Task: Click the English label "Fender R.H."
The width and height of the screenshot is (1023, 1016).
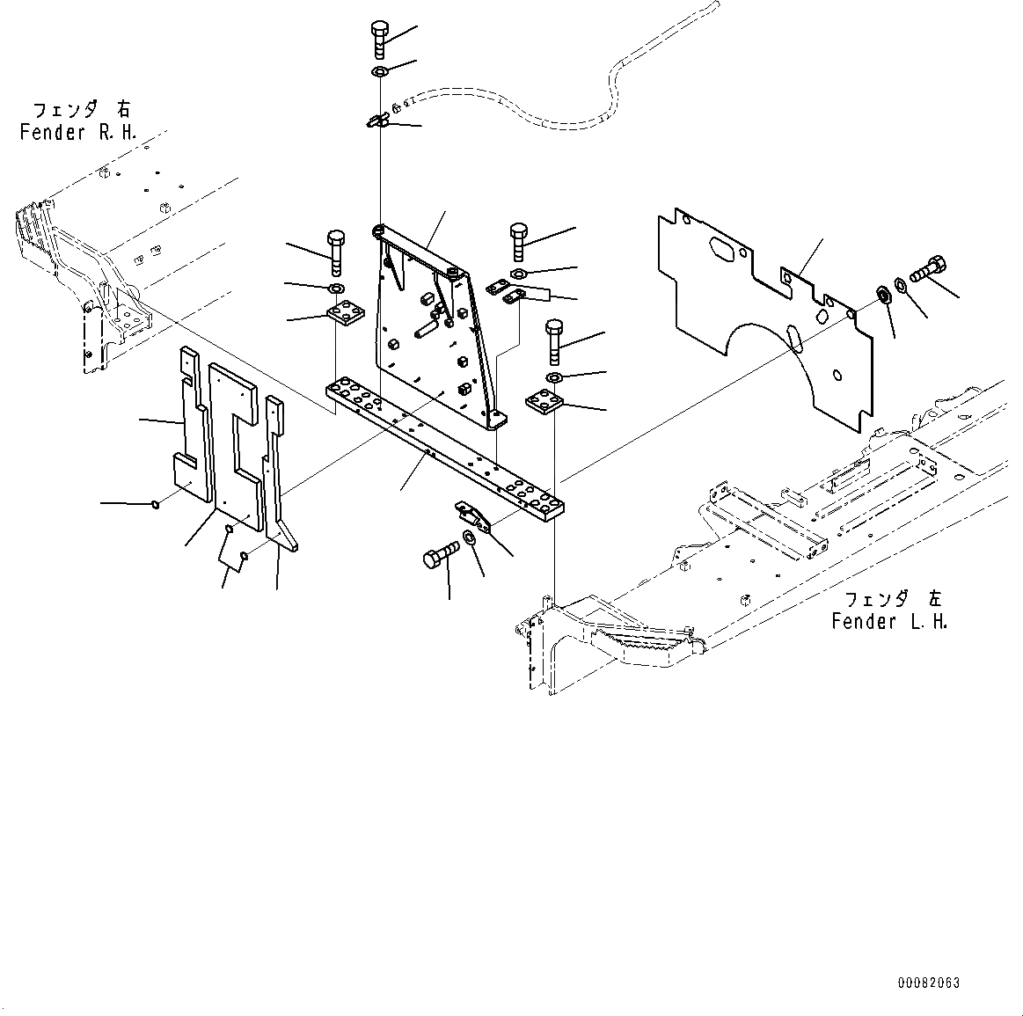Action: click(x=77, y=134)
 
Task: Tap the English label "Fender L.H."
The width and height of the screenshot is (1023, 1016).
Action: click(x=889, y=622)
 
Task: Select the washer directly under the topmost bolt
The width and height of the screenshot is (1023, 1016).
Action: click(x=379, y=71)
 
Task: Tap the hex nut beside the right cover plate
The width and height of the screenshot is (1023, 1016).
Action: click(x=881, y=295)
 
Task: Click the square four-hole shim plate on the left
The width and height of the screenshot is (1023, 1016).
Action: click(x=345, y=313)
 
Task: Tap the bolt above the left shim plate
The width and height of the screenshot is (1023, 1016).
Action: click(x=335, y=252)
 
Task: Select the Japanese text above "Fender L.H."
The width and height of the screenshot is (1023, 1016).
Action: click(x=892, y=599)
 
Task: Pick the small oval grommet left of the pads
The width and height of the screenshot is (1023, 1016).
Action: click(x=156, y=504)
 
